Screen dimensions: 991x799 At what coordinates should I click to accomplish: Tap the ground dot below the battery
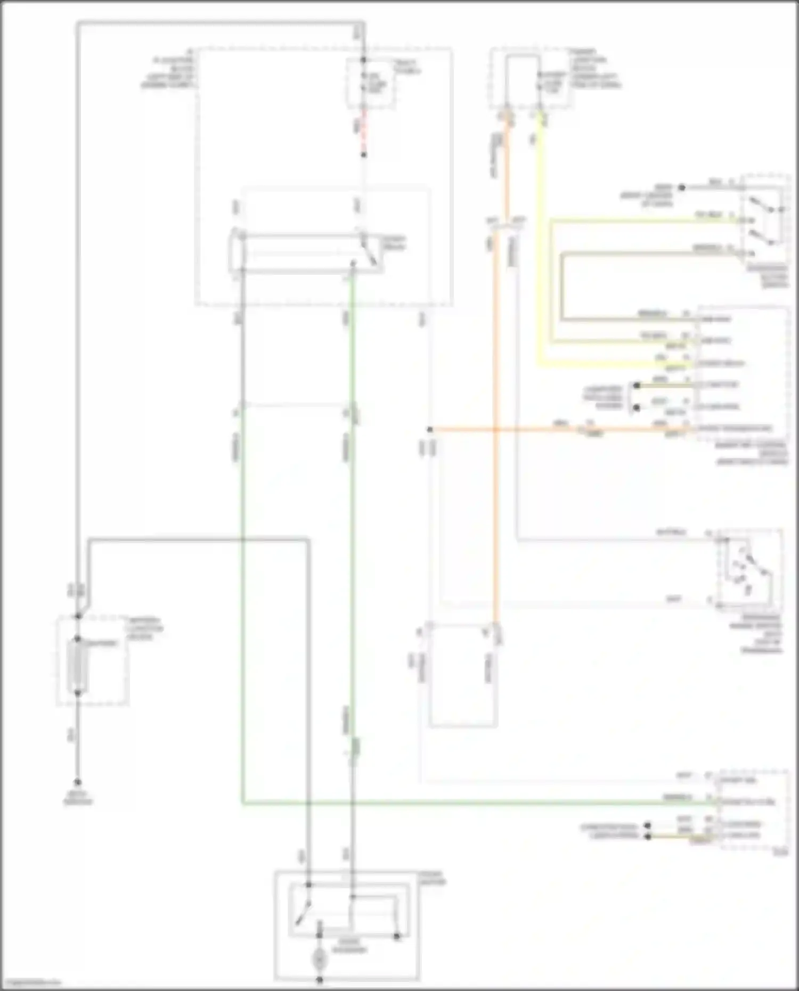[x=78, y=782]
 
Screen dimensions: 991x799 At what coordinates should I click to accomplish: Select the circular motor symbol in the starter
[x=319, y=959]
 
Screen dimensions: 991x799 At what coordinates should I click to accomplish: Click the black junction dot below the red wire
[x=364, y=155]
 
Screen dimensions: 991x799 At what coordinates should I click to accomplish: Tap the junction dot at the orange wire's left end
[x=430, y=429]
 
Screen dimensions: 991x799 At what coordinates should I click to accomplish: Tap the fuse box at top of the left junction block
[x=371, y=83]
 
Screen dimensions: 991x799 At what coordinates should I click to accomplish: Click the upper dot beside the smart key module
[x=636, y=385]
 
